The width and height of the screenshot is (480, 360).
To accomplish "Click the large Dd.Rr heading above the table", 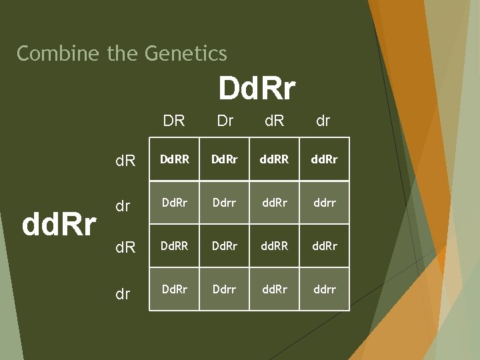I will (257, 88).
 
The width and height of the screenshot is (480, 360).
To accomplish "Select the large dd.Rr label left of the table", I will (59, 225).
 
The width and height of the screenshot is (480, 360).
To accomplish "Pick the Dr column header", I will (225, 121).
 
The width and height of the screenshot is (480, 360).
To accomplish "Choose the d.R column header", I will (274, 121).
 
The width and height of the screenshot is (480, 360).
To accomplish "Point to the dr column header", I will (323, 121).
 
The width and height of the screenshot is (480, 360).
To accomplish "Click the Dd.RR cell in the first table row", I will (174, 160).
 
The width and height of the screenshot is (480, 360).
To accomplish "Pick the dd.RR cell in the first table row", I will (274, 160).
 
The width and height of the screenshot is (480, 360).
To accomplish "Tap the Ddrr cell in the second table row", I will (225, 203).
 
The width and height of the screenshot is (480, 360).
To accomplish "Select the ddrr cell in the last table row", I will (324, 289).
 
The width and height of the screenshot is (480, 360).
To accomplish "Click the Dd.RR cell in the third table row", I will (174, 246).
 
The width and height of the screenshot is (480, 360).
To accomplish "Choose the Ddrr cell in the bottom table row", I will (225, 289).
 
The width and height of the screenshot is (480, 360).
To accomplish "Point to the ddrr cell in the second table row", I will (324, 203).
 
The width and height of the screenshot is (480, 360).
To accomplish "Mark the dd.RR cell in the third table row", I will (274, 246).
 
